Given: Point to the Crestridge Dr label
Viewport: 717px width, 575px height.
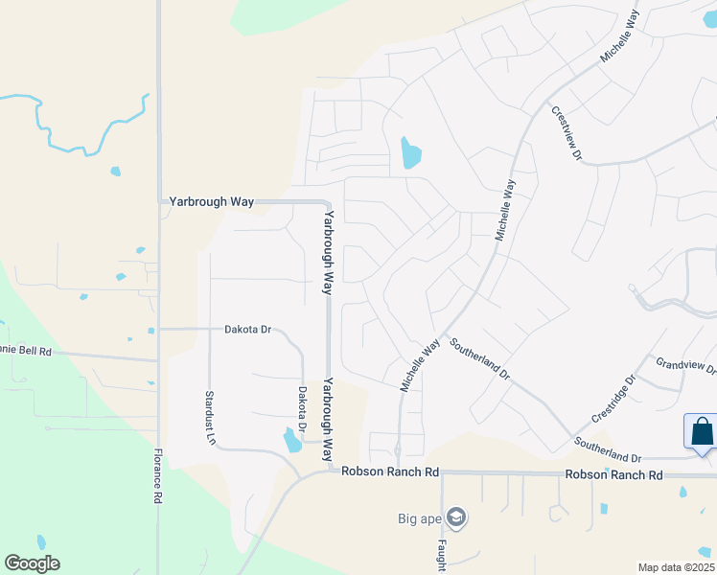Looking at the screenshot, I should coord(614,398).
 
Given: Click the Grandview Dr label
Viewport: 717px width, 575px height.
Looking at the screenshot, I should coord(686,365).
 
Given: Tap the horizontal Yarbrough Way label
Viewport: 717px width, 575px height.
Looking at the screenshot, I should coord(211,201).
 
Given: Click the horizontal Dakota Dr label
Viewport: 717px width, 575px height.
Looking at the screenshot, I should coord(248,329).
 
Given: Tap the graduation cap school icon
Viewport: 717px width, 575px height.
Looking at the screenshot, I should coord(455,518).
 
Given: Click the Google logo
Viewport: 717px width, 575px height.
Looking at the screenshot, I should coord(32,563).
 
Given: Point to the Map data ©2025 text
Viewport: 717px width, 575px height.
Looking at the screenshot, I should coord(676,567).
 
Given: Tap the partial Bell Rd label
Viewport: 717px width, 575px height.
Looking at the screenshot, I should coord(24,352).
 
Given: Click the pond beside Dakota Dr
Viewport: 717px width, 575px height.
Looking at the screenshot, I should coord(291,440).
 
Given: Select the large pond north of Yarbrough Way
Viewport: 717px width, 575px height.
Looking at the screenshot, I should coord(410,152).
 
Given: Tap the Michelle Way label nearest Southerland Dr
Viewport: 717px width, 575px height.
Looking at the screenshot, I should coord(419,362).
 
